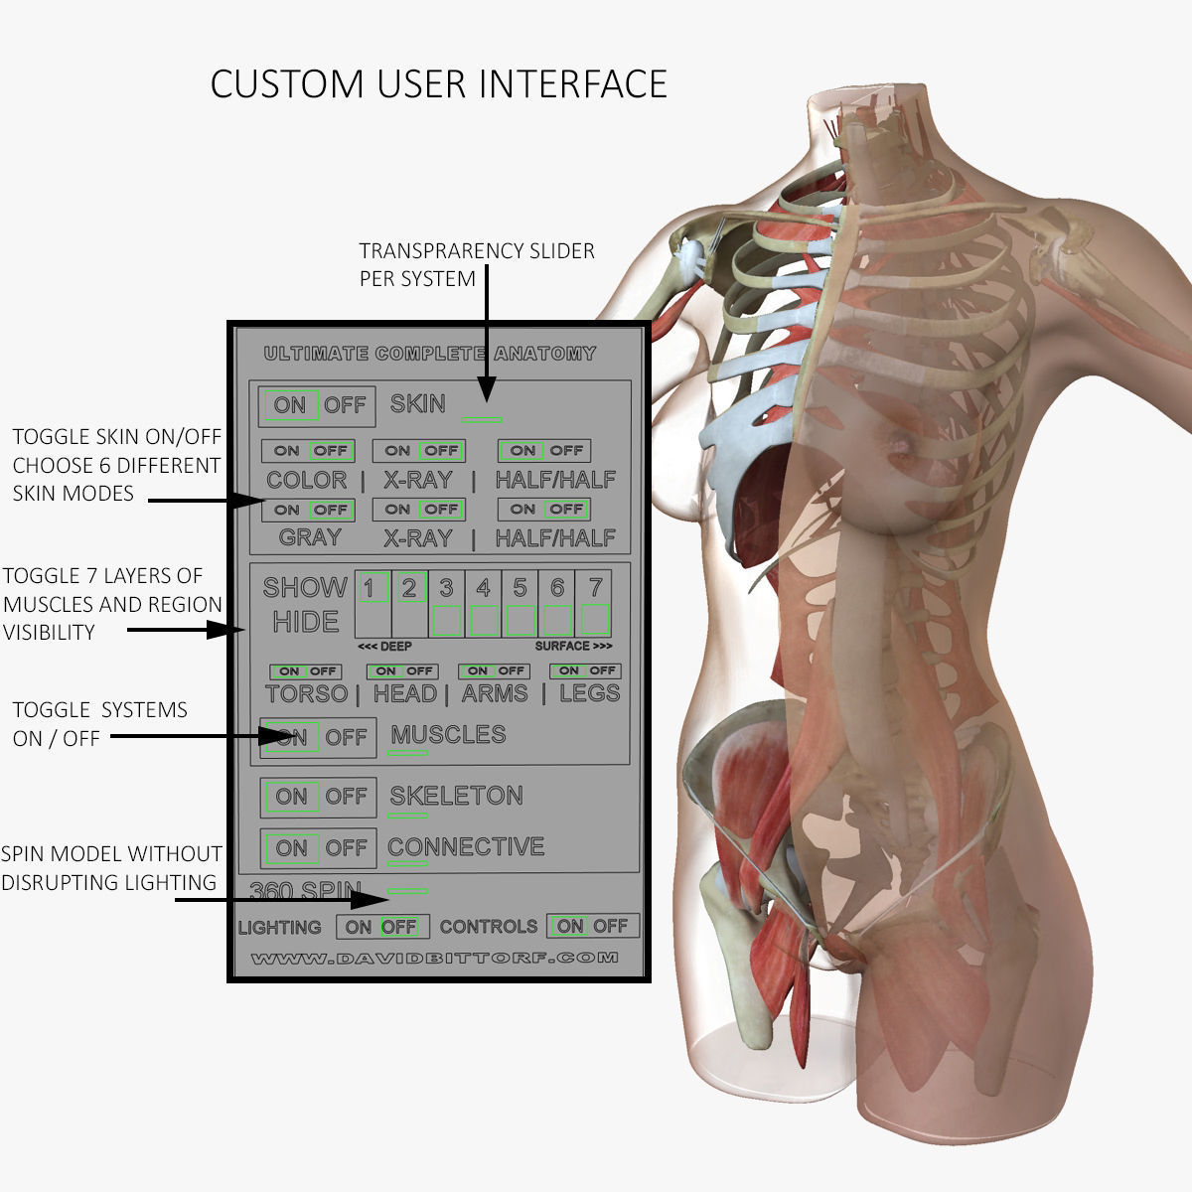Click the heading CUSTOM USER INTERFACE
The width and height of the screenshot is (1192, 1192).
438,84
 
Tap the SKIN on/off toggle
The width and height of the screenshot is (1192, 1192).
318,405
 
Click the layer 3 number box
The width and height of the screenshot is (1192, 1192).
447,588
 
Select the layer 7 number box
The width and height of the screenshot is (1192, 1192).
595,588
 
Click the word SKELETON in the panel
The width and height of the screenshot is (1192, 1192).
456,796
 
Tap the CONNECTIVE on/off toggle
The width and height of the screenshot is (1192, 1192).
319,848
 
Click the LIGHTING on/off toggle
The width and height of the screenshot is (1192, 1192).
382,927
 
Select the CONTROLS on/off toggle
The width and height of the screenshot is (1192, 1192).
593,926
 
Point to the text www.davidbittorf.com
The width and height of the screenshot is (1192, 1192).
434,959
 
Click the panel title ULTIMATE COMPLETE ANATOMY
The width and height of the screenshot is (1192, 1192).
430,354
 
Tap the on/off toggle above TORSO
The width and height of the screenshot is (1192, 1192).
305,671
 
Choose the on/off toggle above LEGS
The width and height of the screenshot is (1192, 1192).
586,671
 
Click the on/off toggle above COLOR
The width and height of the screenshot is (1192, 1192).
308,451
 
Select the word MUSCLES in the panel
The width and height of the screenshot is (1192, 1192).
448,735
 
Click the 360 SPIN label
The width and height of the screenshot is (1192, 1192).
305,890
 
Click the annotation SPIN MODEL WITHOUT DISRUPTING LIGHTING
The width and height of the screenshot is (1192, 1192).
110,868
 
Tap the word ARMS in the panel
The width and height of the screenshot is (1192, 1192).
495,693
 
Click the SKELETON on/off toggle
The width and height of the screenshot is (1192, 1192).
319,797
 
